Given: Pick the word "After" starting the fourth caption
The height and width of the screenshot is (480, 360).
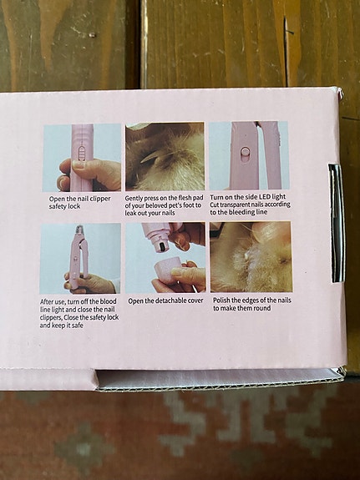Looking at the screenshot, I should [48, 301].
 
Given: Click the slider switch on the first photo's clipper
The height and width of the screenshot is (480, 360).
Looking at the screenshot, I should [81, 154].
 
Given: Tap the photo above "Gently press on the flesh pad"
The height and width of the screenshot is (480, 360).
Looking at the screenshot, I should [165, 157].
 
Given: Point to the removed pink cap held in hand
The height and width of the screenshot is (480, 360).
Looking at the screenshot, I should [167, 268].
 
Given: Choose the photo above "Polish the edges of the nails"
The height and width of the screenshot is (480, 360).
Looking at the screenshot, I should [251, 257].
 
